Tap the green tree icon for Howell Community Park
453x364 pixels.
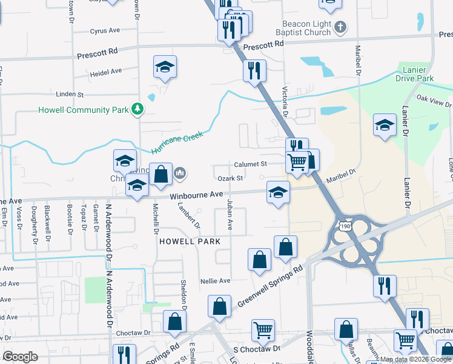139,109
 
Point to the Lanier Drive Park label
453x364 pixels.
415,74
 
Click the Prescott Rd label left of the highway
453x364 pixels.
97,55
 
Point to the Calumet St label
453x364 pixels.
251,164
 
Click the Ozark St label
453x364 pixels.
231,178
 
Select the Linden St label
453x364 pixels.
69,94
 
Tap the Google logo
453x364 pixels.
20,357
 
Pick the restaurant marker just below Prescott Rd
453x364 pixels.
254,70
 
